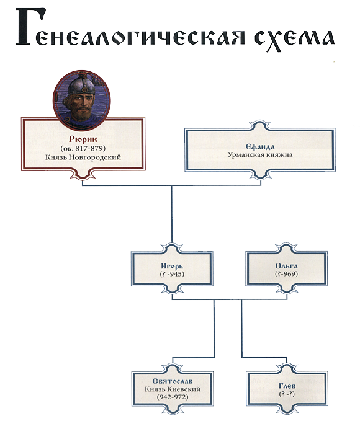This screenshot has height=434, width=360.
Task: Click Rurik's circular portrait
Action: (x=82, y=100)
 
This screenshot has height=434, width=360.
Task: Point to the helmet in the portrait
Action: (x=82, y=84)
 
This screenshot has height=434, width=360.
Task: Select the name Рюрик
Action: (x=83, y=139)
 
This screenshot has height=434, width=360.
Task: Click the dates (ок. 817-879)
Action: (x=83, y=148)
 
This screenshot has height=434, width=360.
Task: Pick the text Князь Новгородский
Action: (x=83, y=157)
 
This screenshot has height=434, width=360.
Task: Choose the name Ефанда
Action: (x=260, y=147)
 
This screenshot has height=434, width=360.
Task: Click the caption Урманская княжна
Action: (x=260, y=155)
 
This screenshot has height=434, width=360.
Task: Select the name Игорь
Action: (x=172, y=266)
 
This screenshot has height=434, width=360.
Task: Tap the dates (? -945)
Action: (x=172, y=274)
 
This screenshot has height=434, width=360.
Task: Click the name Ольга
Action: (x=287, y=266)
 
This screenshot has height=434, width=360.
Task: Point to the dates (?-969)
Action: (x=287, y=274)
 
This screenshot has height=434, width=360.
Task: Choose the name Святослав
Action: (x=173, y=381)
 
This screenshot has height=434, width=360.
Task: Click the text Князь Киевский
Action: (x=173, y=389)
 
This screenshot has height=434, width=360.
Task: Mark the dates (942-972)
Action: (x=173, y=397)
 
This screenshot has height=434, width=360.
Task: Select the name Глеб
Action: (x=287, y=386)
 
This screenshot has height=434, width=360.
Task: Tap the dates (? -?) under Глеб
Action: (x=287, y=394)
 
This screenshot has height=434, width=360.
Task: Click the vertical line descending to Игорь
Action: (x=171, y=215)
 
